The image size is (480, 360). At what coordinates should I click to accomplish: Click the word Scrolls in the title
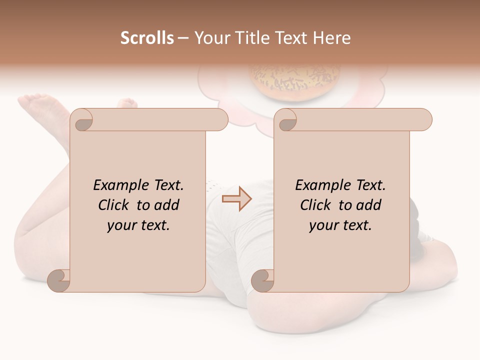coord(147,38)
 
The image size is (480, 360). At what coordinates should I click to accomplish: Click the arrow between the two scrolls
coord(236,198)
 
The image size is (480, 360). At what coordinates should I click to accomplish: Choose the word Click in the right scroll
coord(316,205)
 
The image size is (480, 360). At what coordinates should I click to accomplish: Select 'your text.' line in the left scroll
coord(138,225)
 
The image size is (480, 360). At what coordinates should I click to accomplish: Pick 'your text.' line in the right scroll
coord(340,225)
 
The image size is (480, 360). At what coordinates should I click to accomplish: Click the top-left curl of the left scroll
coord(82,120)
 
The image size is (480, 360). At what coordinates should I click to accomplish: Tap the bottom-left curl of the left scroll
coord(59,280)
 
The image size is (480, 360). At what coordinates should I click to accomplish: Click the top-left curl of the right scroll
coord(286,120)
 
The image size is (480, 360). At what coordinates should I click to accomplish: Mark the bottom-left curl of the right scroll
coord(262,280)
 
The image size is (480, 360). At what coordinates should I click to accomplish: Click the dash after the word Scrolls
coord(183,38)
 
